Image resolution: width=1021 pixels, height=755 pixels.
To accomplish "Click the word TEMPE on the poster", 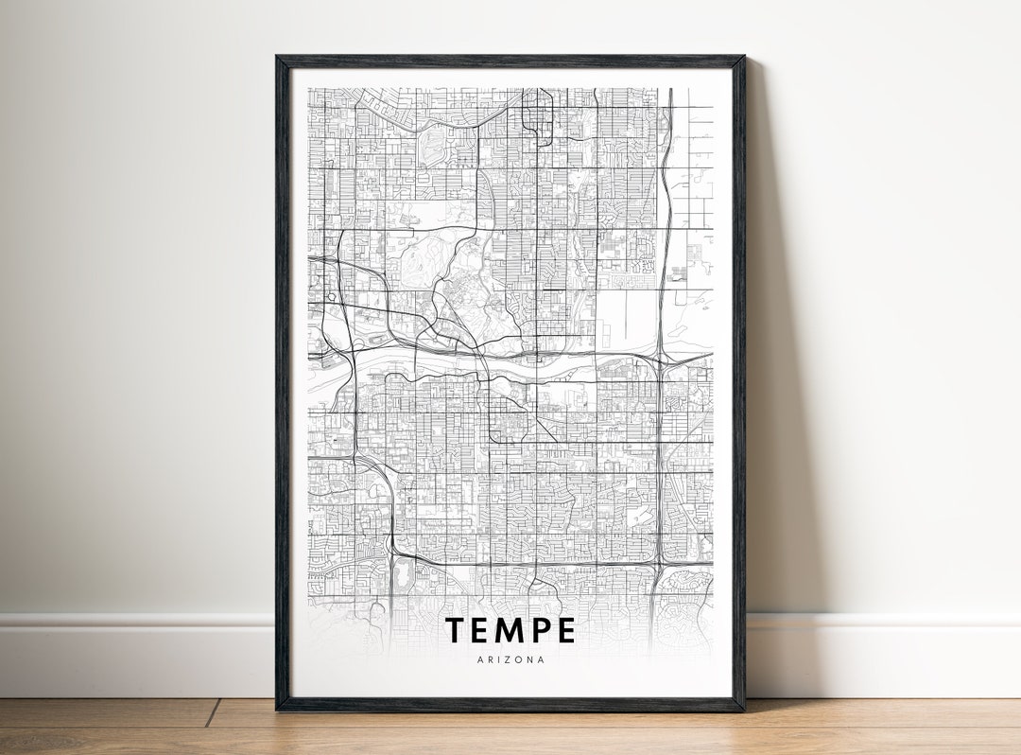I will tap(510, 630).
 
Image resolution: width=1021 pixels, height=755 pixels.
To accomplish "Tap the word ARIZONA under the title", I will tap(510, 659).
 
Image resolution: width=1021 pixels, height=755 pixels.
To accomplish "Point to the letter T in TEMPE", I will tap(456, 630).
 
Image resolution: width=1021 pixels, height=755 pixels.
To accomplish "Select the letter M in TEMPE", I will tap(510, 630).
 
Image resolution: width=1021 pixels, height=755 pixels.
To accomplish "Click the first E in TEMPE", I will tap(481, 630).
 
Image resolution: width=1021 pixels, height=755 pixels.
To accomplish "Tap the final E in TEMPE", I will tap(565, 630).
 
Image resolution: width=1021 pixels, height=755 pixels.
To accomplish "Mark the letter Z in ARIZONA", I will tap(505, 659).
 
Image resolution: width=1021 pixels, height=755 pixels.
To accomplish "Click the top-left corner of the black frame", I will tap(278, 58).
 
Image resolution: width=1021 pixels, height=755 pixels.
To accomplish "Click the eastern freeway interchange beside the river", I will tap(663, 359).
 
